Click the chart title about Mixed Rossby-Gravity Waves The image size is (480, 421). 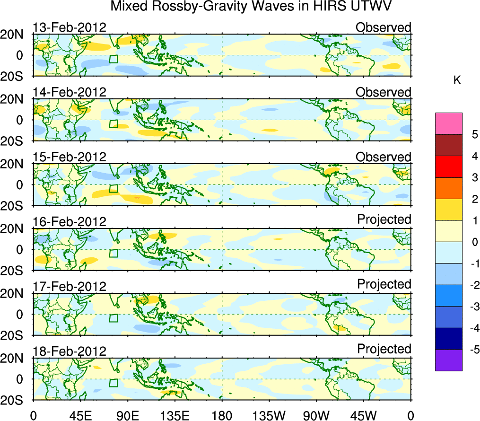click(x=252, y=7)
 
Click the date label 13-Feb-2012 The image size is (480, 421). click(x=70, y=27)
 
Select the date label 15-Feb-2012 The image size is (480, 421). click(x=70, y=157)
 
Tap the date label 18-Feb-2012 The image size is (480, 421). click(x=70, y=351)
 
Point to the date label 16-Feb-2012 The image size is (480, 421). click(x=70, y=221)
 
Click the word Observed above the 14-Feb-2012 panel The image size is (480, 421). click(x=383, y=92)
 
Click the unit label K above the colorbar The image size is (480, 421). click(x=457, y=80)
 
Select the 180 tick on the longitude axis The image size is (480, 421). click(x=222, y=415)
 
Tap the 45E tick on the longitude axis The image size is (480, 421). click(x=79, y=415)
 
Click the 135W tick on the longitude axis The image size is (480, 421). click(x=269, y=415)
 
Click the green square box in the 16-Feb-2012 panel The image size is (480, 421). click(x=113, y=253)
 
